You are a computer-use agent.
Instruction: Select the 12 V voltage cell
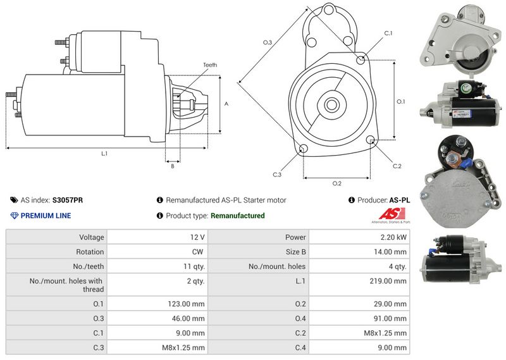[x=197, y=237]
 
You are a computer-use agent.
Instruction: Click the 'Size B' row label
[x=293, y=252]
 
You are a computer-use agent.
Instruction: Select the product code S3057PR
[x=68, y=200]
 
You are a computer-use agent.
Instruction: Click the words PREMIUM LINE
[x=46, y=216]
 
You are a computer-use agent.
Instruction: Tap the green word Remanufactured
[x=237, y=216]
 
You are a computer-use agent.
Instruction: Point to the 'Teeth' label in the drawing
[x=210, y=65]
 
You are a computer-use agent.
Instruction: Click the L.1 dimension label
[x=104, y=154]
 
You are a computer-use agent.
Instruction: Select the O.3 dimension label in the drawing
[x=268, y=42]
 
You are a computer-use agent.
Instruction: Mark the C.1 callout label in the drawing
[x=388, y=33]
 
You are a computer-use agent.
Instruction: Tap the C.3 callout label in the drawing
[x=277, y=175]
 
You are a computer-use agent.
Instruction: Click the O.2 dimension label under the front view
[x=337, y=183]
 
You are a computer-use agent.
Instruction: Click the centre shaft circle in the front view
[x=331, y=102]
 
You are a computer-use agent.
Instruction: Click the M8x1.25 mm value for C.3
[x=183, y=347]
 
